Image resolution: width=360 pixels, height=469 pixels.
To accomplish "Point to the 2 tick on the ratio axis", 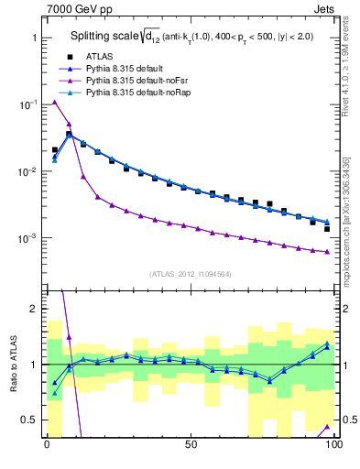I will pyautogui.click(x=30, y=309).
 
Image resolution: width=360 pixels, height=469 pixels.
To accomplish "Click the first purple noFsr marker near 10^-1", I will pyautogui.click(x=55, y=102).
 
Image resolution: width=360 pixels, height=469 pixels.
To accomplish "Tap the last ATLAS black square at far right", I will pyautogui.click(x=327, y=229).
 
